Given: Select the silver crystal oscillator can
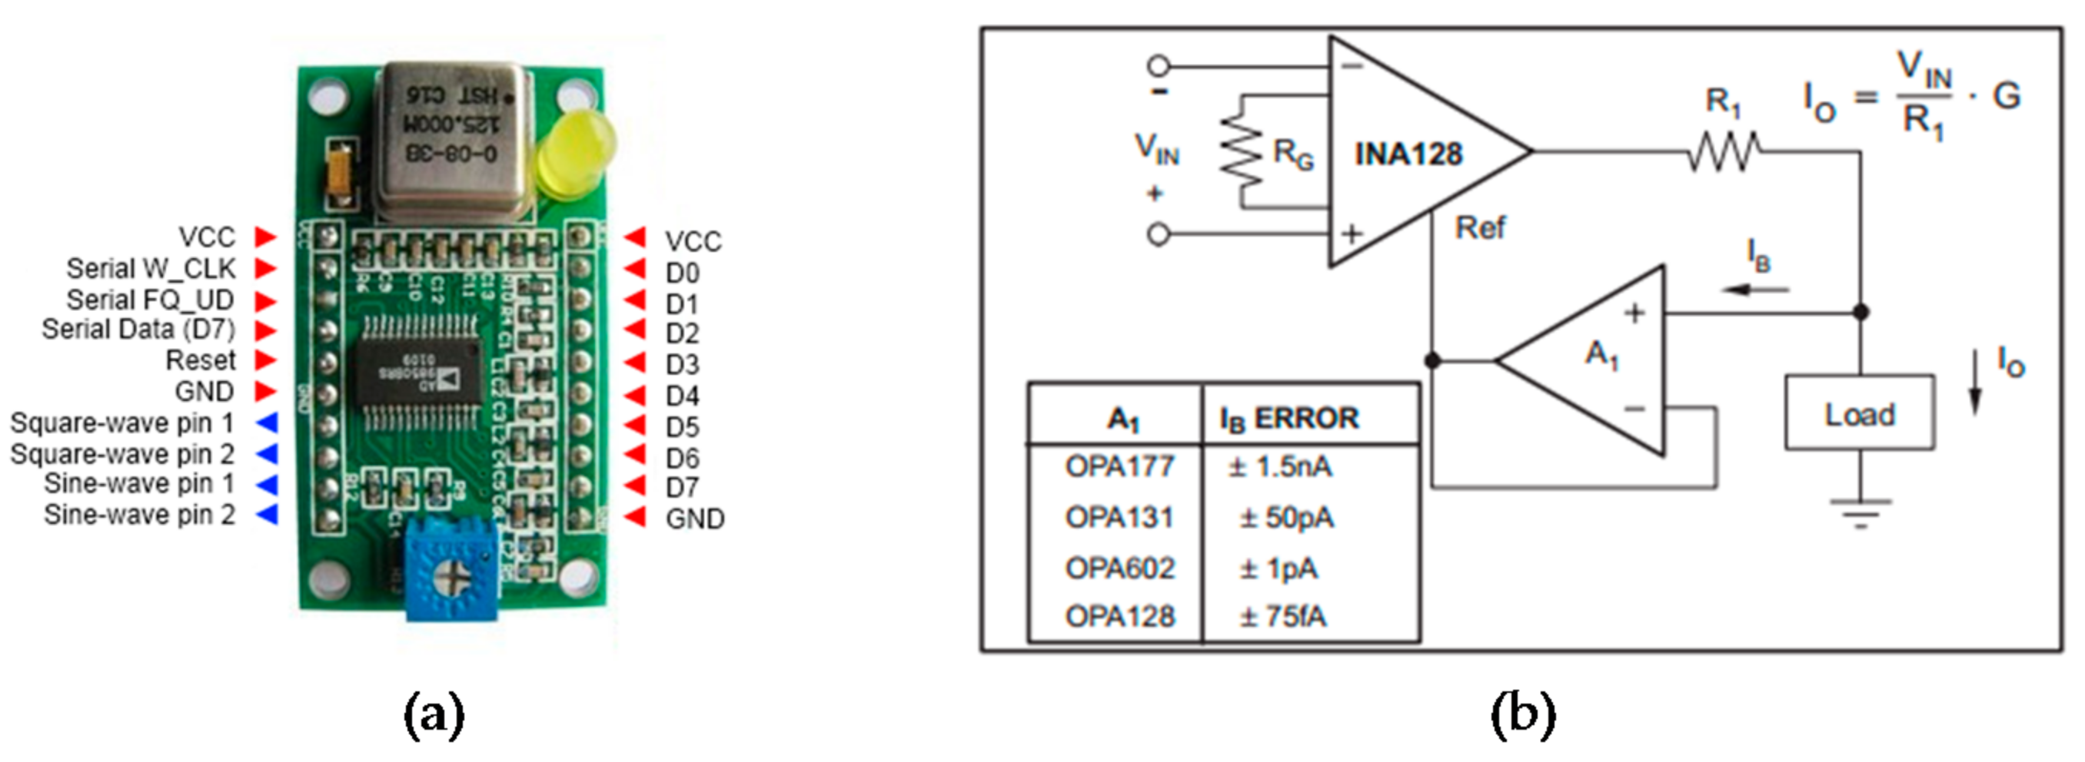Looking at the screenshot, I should click(456, 139).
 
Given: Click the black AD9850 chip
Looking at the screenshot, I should click(415, 373).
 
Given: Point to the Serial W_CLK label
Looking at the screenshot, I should click(151, 269).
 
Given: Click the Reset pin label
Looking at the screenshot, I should click(200, 361).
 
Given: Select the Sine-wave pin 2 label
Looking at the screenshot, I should click(139, 515).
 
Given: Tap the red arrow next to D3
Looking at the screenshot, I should click(635, 363).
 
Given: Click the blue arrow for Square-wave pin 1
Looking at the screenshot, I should click(267, 422).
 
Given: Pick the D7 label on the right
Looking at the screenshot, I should click(681, 488).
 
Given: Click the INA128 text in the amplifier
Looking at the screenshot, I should click(1408, 154).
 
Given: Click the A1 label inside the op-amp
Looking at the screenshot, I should click(1601, 354).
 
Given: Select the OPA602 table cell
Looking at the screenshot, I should click(1119, 568).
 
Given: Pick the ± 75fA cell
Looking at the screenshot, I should click(1283, 617).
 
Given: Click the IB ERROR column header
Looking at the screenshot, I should click(1289, 418).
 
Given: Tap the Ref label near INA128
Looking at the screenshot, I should click(1480, 228).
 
